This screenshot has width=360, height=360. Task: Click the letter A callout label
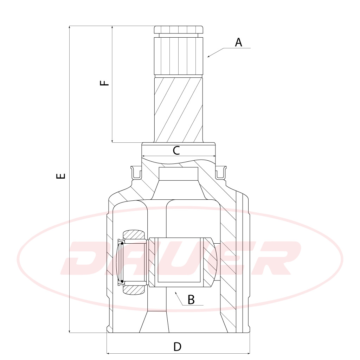click(239, 43)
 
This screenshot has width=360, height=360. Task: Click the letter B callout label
click(191, 300)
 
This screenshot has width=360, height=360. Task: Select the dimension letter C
click(176, 150)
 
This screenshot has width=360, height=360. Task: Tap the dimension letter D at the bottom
click(177, 347)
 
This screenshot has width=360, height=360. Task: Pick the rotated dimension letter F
click(104, 83)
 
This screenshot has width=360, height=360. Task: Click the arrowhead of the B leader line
click(176, 293)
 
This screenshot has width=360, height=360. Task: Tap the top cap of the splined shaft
click(178, 30)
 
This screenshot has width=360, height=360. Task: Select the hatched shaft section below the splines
click(179, 110)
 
